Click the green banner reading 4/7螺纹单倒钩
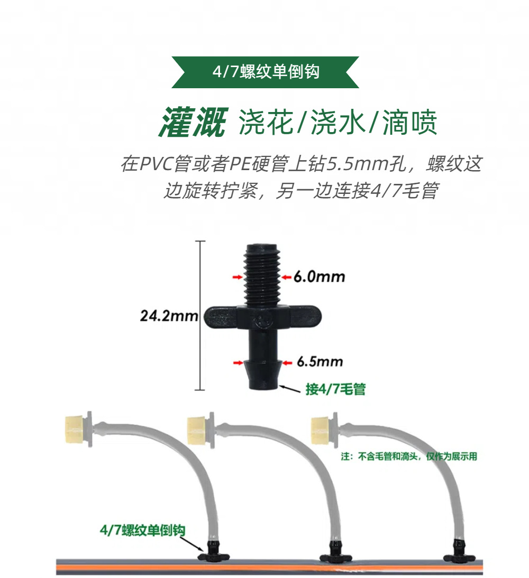pos(266,72)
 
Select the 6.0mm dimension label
pos(319,276)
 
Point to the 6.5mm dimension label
pos(320,362)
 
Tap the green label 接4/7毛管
pos(335,390)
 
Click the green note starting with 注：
pos(408,456)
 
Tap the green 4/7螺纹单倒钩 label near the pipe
pos(142,530)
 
